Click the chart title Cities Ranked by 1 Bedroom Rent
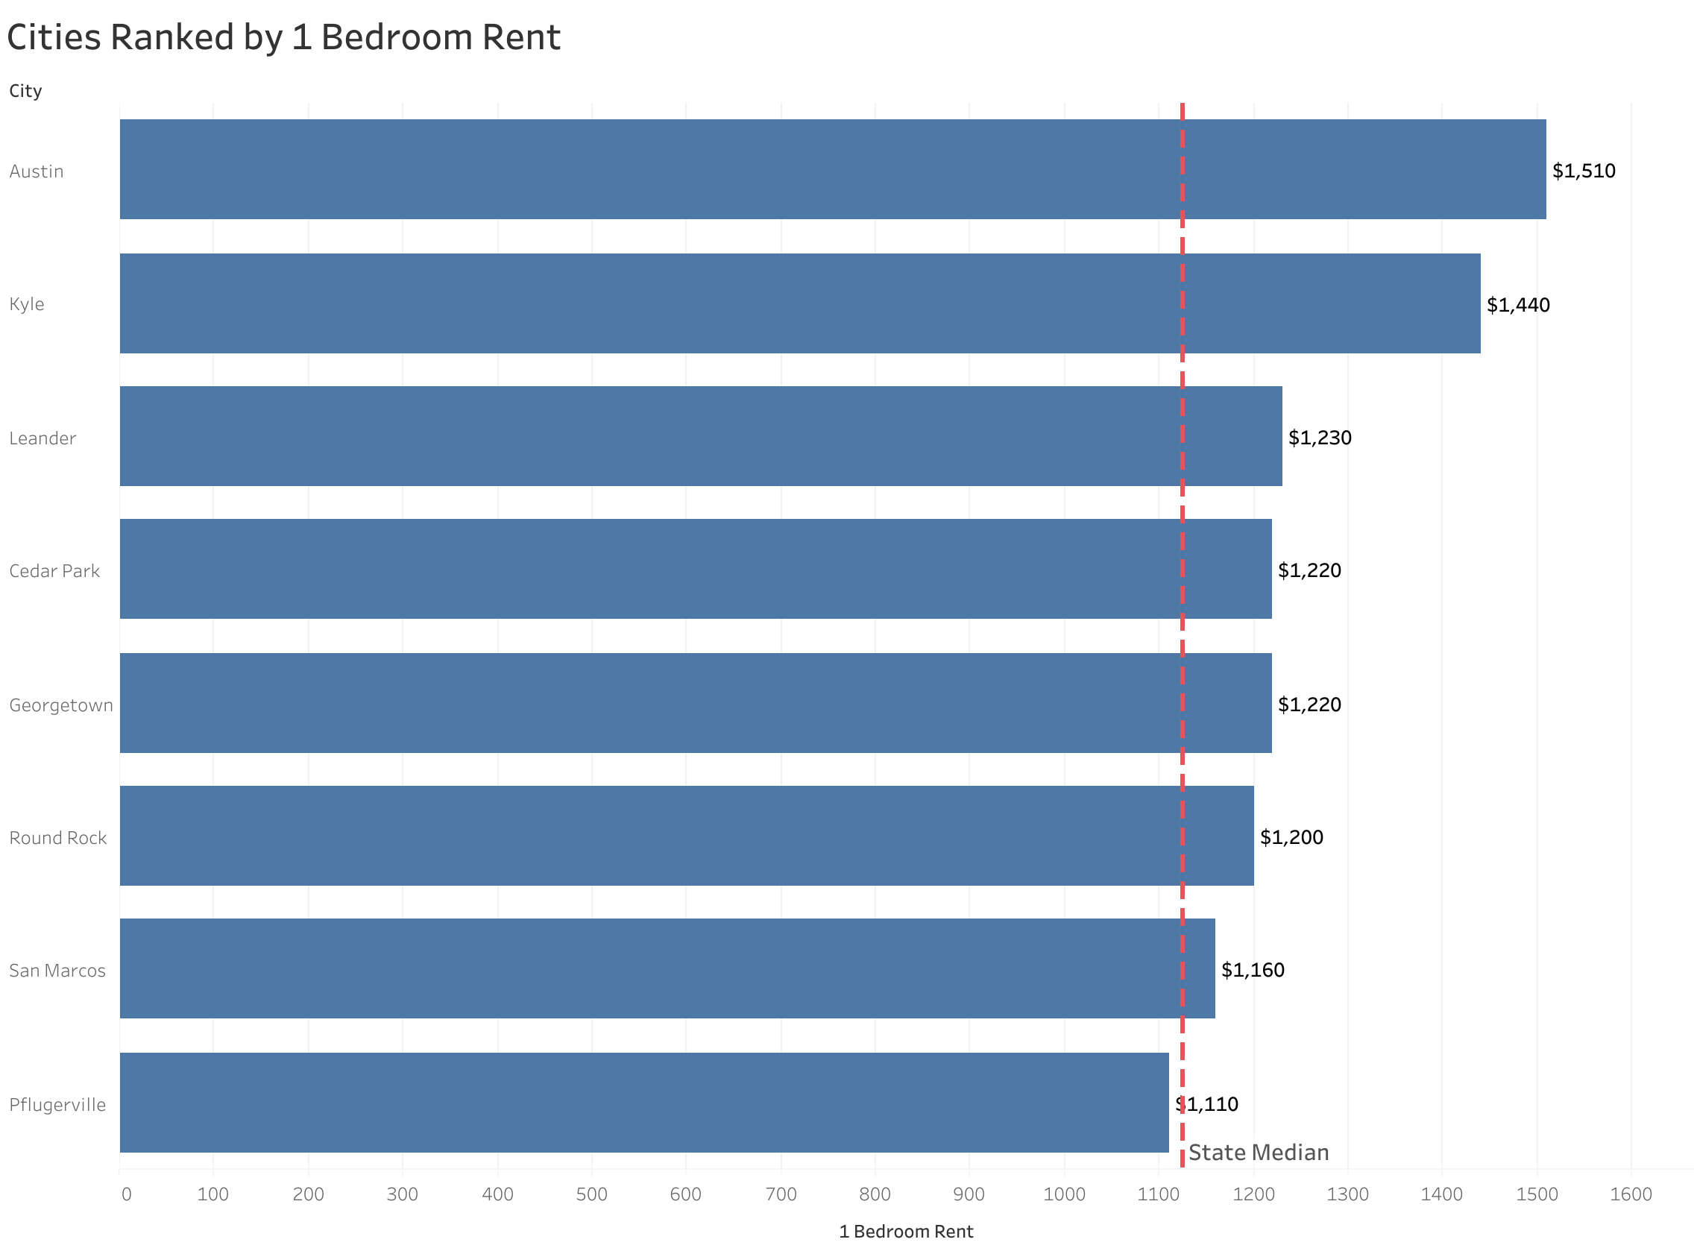pos(283,38)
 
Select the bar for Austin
pos(832,169)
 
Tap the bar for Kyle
pos(799,303)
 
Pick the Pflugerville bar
pos(643,1102)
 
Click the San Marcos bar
pos(667,968)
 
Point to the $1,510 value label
pos(1583,171)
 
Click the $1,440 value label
pos(1518,305)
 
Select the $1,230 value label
pos(1320,438)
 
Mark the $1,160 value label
pos(1253,970)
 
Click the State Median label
pos(1259,1153)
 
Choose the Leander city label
pos(42,438)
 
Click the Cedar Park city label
pos(54,572)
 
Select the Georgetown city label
pos(60,706)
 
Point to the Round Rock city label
pos(57,838)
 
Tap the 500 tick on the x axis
pos(591,1195)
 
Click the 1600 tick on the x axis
pos(1630,1195)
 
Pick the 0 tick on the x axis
pos(126,1195)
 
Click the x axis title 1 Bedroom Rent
pos(905,1232)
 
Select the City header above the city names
pos(25,91)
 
